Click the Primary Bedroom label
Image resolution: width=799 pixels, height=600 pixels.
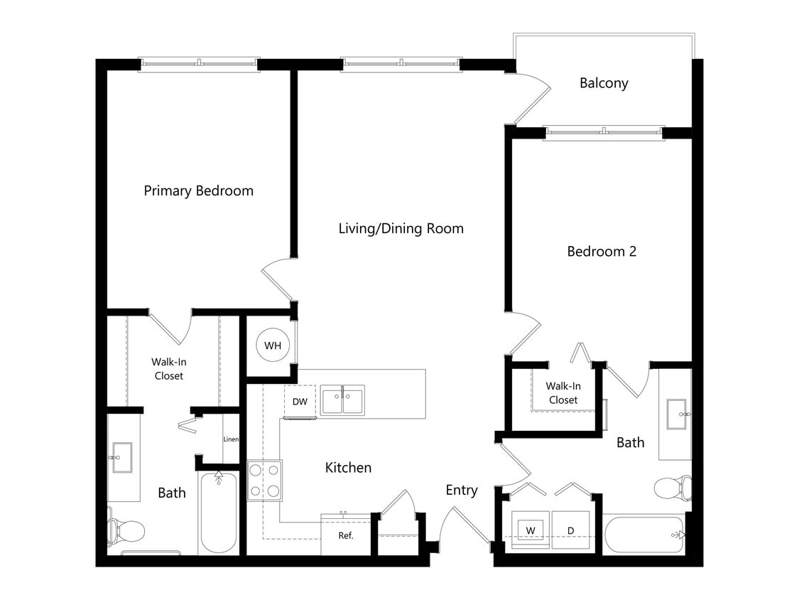click(198, 191)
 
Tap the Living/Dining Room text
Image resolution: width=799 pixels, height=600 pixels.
click(401, 228)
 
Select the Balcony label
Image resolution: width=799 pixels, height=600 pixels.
click(604, 83)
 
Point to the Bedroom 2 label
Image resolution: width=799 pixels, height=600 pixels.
click(602, 251)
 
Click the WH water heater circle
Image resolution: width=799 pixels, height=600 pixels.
click(273, 346)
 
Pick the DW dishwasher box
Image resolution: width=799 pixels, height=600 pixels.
click(300, 402)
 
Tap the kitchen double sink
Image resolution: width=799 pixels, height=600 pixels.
click(342, 400)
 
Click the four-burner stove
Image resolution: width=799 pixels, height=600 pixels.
click(264, 480)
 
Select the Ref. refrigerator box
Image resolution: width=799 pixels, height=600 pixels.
click(345, 534)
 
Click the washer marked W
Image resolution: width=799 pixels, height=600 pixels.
click(531, 530)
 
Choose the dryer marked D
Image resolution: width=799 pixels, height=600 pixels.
click(570, 530)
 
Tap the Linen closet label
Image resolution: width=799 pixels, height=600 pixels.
click(231, 439)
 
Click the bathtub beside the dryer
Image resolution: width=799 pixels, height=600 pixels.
click(643, 534)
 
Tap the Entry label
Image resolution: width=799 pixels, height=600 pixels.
click(462, 490)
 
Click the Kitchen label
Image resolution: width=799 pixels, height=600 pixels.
click(348, 467)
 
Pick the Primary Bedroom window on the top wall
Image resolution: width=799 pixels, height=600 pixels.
click(199, 63)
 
